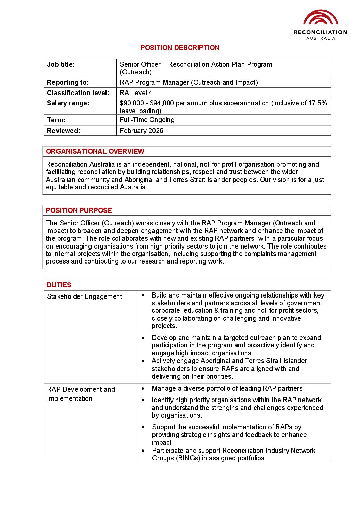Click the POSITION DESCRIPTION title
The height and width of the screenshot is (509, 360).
click(x=180, y=48)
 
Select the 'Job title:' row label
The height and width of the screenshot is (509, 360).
click(x=61, y=64)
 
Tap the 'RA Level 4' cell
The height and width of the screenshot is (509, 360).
click(x=136, y=93)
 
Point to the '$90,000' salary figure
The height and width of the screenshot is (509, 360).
click(x=132, y=103)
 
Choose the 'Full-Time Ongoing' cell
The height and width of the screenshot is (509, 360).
click(x=147, y=120)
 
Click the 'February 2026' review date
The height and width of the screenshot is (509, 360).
click(x=142, y=131)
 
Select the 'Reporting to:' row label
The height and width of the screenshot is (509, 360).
click(x=68, y=82)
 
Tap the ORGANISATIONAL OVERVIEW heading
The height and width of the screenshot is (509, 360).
click(x=95, y=151)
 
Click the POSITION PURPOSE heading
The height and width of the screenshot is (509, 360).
click(x=79, y=210)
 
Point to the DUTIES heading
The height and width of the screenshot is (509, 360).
click(x=59, y=285)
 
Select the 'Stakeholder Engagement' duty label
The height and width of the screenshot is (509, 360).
click(x=84, y=296)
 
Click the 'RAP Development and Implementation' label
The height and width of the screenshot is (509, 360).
click(x=81, y=394)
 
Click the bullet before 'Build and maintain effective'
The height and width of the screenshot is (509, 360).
click(x=143, y=295)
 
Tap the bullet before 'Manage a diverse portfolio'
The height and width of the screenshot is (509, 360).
click(x=143, y=388)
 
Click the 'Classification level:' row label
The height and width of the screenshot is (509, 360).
click(x=78, y=93)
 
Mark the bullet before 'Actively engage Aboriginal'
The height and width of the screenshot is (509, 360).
click(x=143, y=361)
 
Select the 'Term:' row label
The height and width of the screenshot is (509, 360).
click(x=56, y=120)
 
